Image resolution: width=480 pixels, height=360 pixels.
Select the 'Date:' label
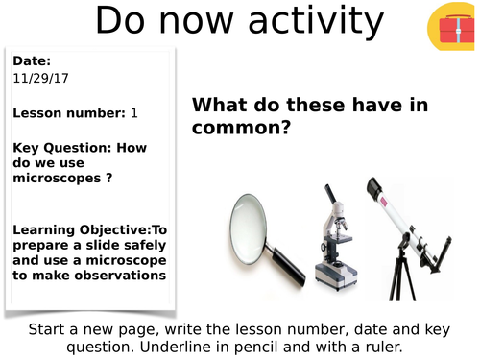33,61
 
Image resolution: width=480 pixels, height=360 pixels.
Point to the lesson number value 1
134,113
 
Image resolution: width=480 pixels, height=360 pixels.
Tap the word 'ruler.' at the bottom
428,346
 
